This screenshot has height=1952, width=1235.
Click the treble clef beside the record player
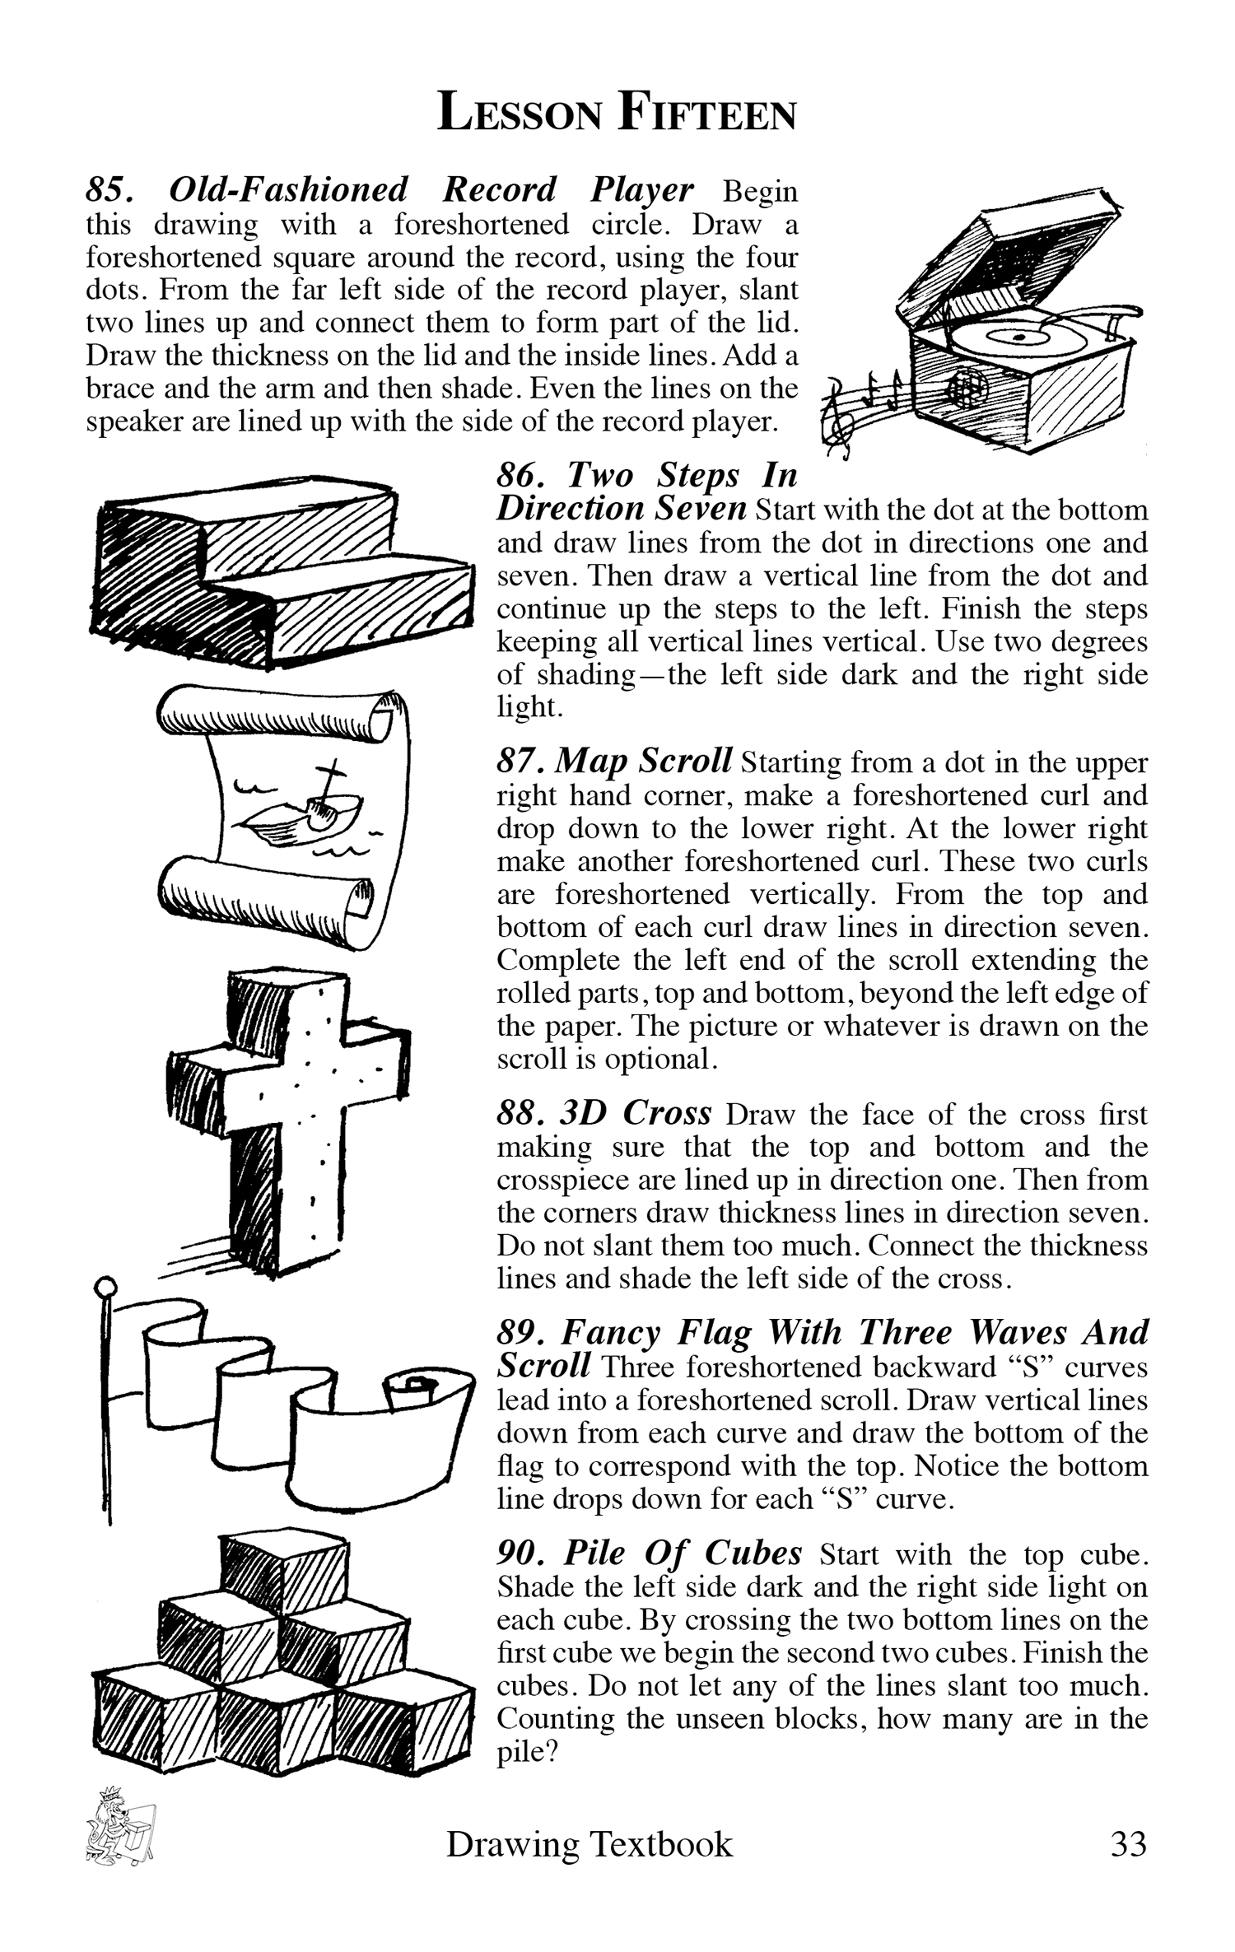[837, 419]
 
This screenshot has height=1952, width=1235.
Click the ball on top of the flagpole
[105, 1286]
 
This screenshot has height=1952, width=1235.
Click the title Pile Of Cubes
[683, 1553]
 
